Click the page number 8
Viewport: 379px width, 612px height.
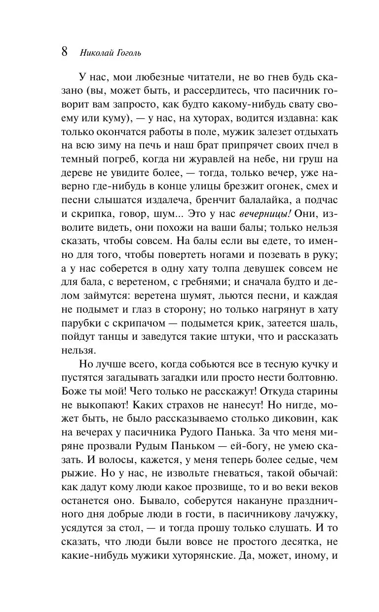click(65, 52)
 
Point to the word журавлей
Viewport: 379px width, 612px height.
click(201, 160)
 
